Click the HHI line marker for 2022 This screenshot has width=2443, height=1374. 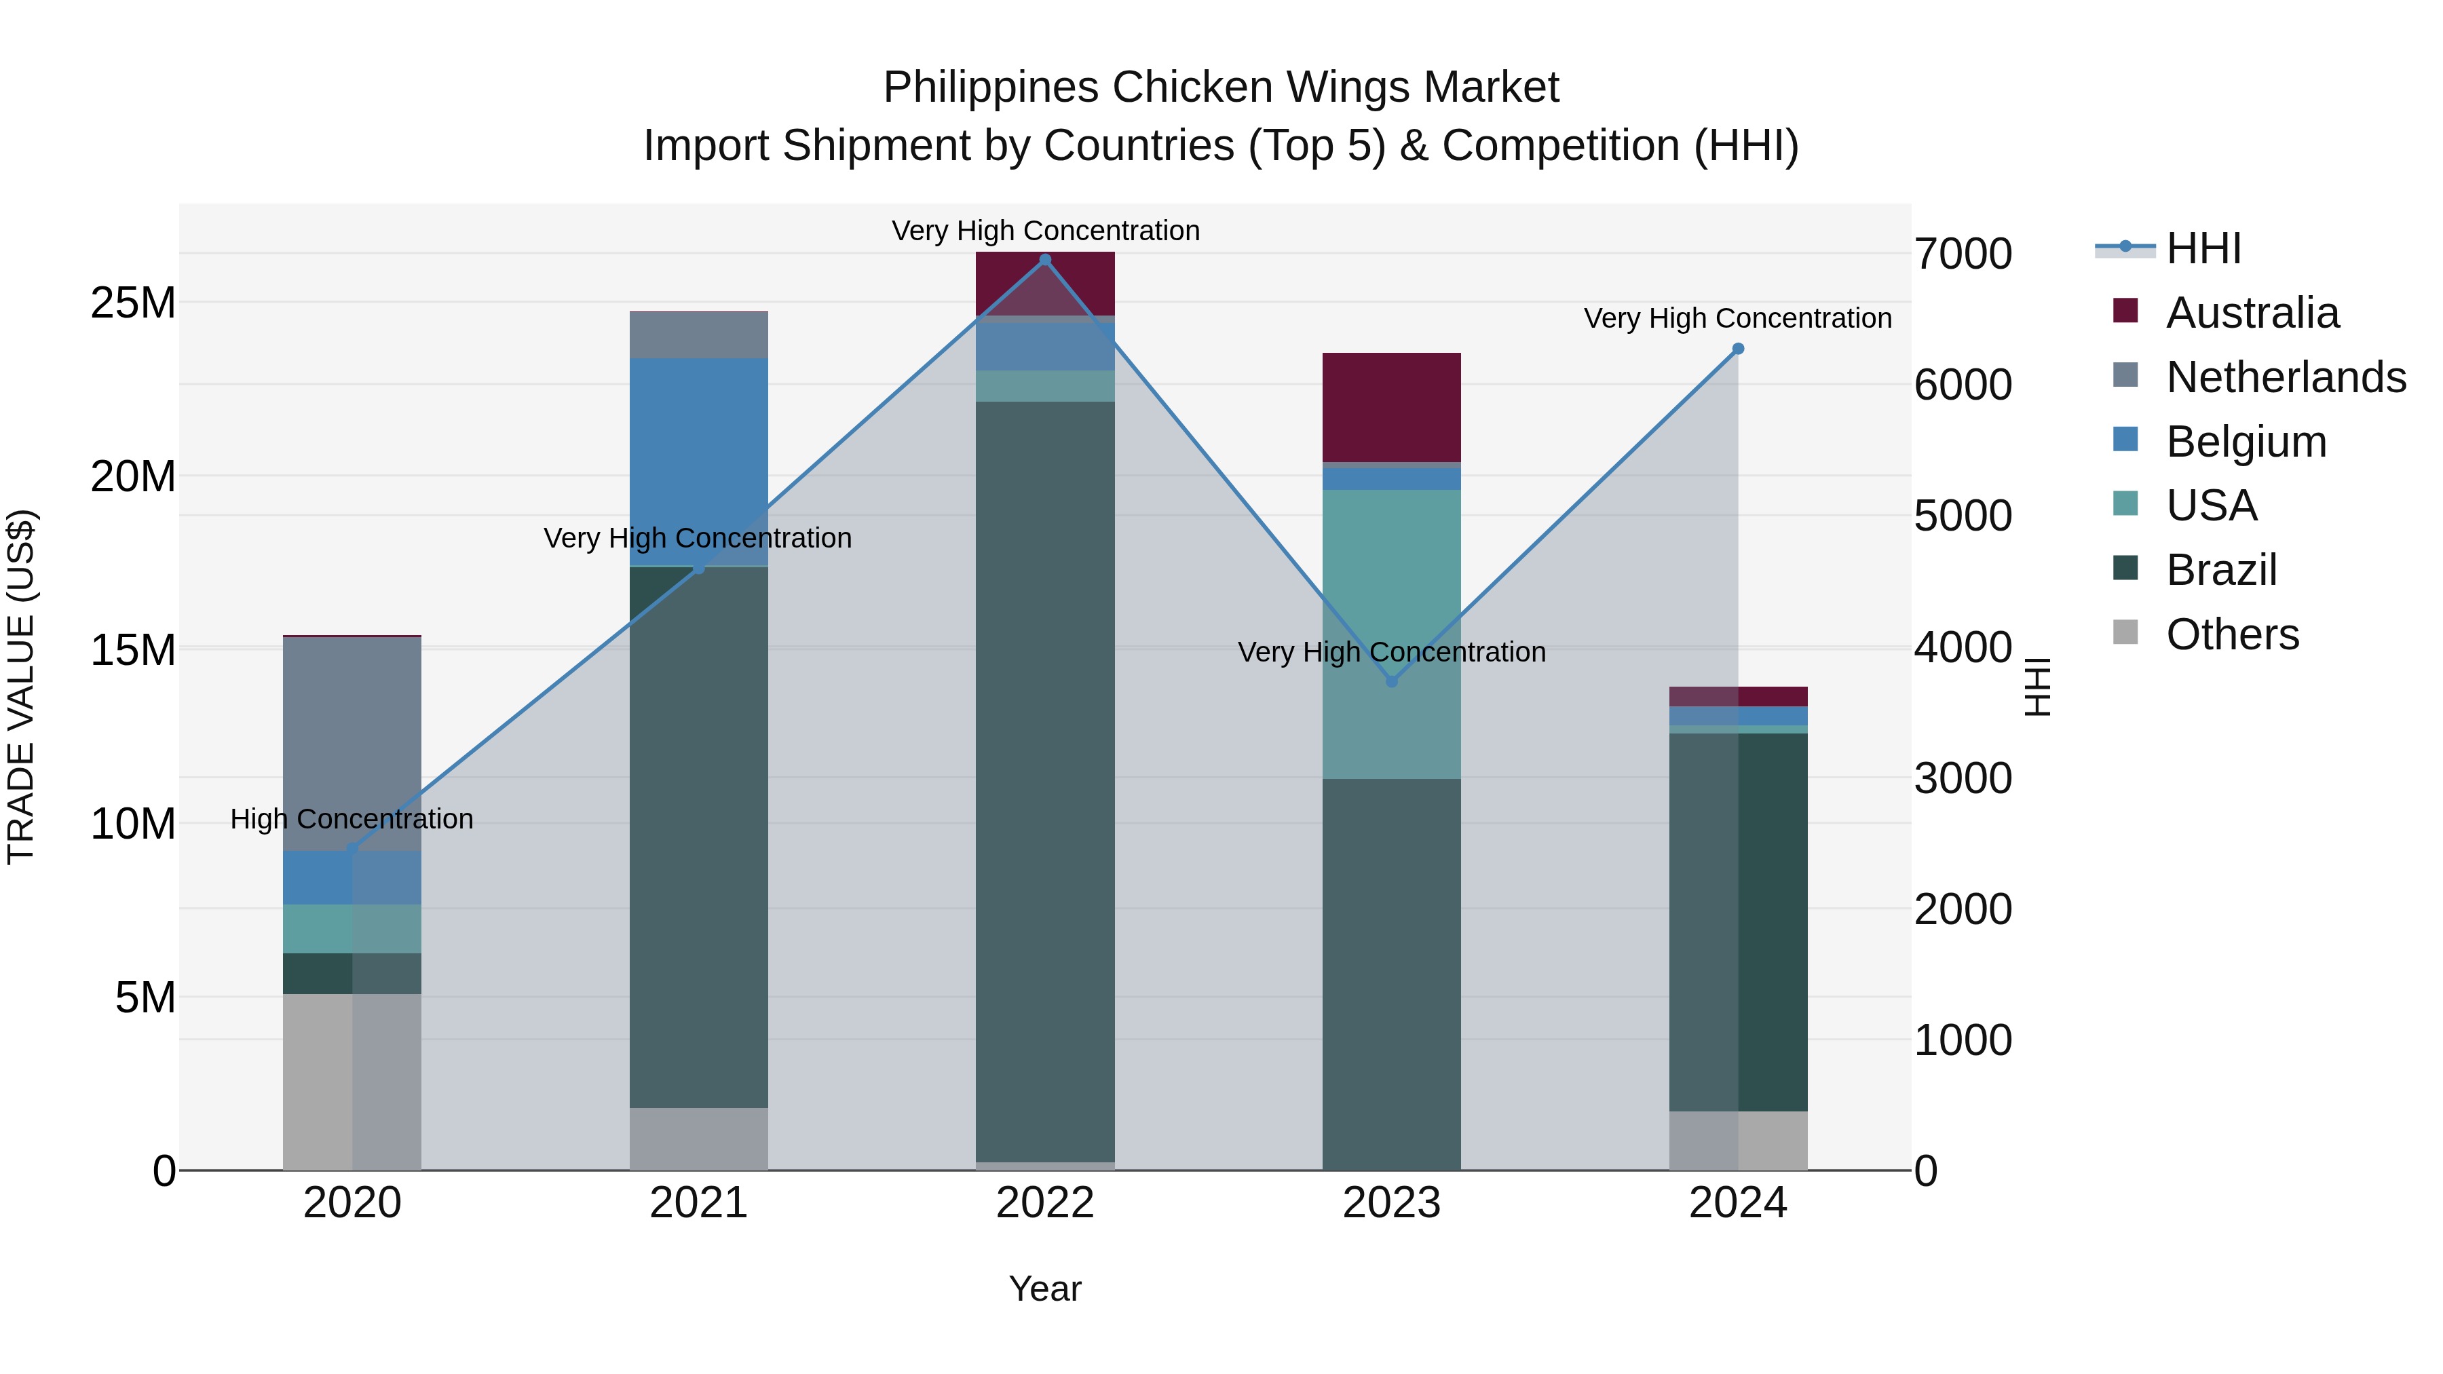coord(1045,260)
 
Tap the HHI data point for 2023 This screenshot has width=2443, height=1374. coord(1391,681)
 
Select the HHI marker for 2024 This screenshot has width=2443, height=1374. coord(1737,349)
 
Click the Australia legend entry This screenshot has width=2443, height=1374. coord(2252,313)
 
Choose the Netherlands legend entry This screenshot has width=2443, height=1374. coord(2286,377)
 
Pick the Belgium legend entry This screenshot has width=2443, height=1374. coord(2246,442)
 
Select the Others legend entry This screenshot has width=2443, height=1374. coord(2233,634)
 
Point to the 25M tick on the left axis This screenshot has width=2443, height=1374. coord(133,303)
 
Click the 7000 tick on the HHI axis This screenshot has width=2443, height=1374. coord(1962,254)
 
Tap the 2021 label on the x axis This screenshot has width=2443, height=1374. coord(698,1203)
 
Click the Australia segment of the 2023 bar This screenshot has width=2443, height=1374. coord(1391,408)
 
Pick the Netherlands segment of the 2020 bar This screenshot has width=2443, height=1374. coord(352,744)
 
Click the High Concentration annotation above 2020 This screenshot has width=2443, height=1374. coord(352,818)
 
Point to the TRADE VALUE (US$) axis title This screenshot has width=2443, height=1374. coord(21,687)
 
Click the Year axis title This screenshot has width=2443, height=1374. coord(1045,1289)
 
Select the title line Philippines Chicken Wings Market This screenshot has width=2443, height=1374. coord(1221,88)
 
